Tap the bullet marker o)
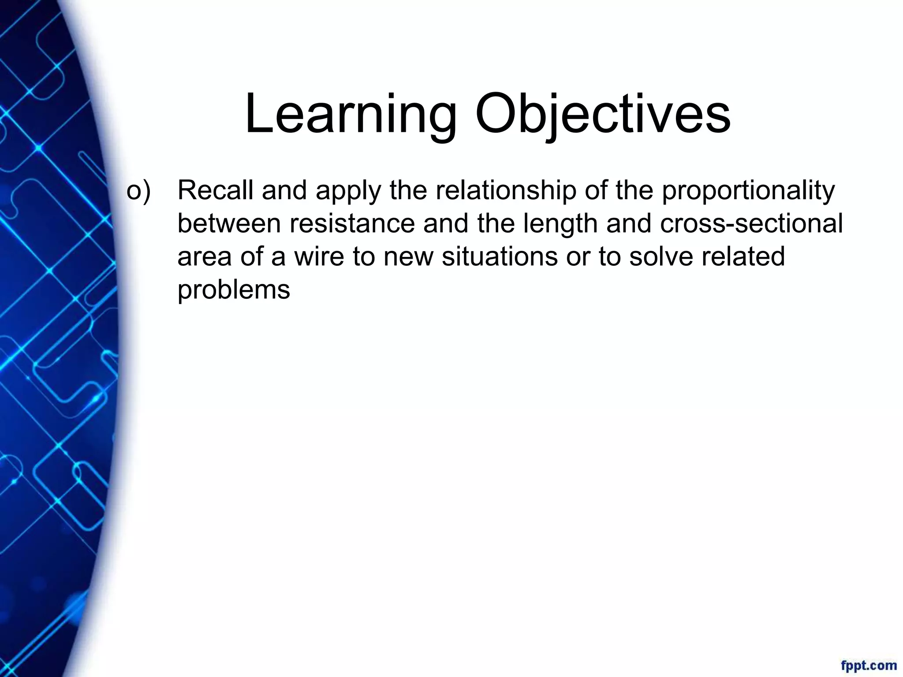click(138, 190)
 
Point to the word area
click(204, 257)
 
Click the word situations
click(500, 257)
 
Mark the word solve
click(660, 257)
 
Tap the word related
click(743, 257)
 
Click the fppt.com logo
click(869, 665)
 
